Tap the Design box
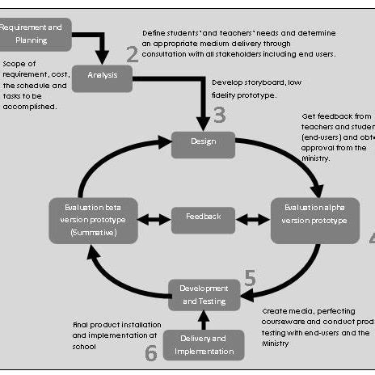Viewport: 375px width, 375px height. (x=204, y=141)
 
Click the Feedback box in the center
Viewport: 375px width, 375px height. (x=202, y=218)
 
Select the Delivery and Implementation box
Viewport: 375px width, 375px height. (x=204, y=344)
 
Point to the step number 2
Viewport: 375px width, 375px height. (x=132, y=55)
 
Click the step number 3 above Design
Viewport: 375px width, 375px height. (x=219, y=115)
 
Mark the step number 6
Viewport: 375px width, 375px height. (x=150, y=352)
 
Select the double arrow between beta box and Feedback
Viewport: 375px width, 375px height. (x=153, y=218)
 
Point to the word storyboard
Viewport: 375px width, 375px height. (x=258, y=82)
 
